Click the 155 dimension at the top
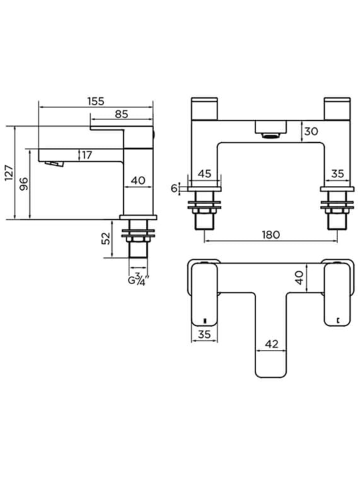tap(96, 101)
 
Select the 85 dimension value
tap(121, 114)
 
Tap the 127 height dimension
tap(9, 173)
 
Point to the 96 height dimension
tap(24, 184)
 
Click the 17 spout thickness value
tap(87, 155)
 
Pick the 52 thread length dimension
tap(106, 238)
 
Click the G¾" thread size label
tap(139, 280)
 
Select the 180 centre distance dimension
tap(271, 235)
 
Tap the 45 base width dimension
tap(205, 174)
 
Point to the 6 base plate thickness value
tap(174, 188)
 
